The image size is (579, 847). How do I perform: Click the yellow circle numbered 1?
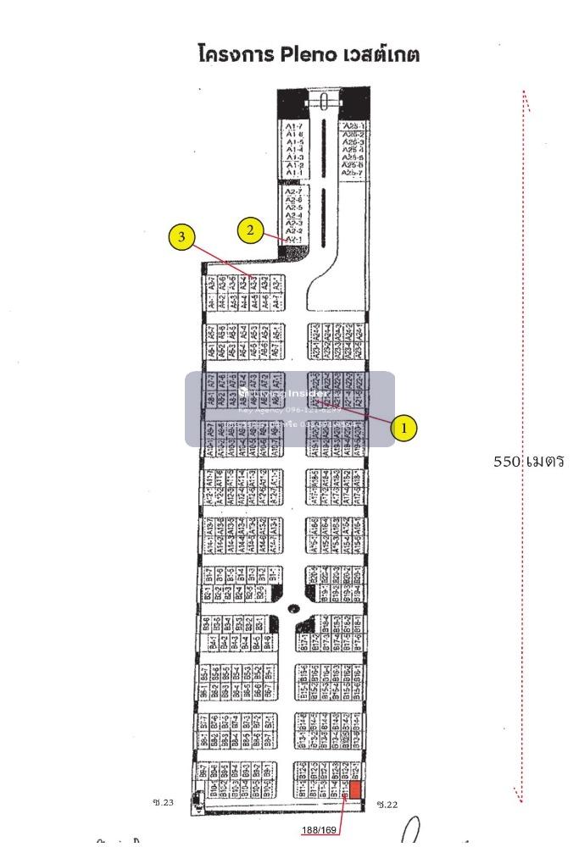[x=404, y=428]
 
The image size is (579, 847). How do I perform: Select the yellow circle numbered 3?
[x=180, y=238]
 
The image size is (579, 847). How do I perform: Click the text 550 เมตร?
[x=529, y=462]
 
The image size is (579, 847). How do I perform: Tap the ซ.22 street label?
[x=387, y=804]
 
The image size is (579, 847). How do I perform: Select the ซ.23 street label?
[x=163, y=803]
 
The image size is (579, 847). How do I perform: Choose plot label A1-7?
[x=294, y=126]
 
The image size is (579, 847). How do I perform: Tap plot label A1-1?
[x=294, y=173]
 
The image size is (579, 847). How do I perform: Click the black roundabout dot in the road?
[x=293, y=607]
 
